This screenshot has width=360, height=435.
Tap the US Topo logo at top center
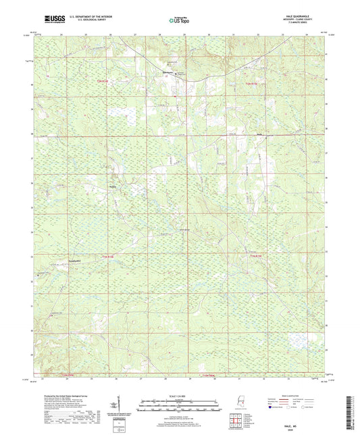pyautogui.click(x=179, y=21)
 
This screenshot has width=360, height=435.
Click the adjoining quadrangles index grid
pyautogui.click(x=237, y=421)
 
